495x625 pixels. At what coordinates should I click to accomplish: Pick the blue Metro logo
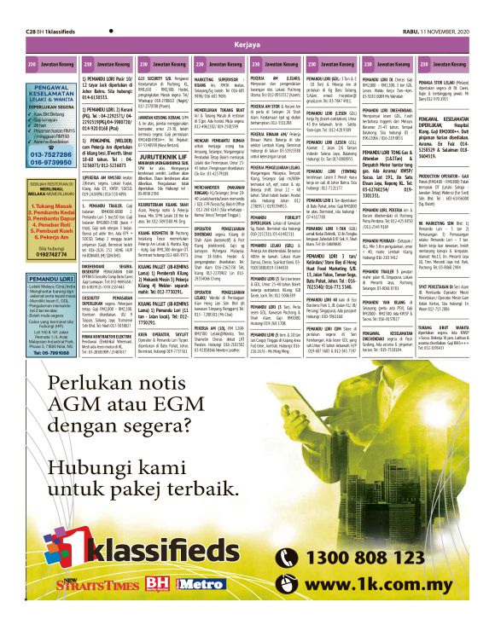point(196,607)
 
